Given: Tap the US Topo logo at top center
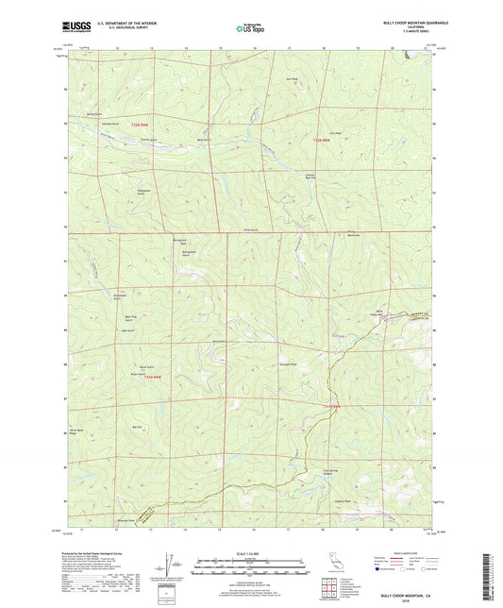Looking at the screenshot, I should (250, 28).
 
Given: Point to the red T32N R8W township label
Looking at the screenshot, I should (322, 141).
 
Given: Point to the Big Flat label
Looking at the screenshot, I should (137, 427).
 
